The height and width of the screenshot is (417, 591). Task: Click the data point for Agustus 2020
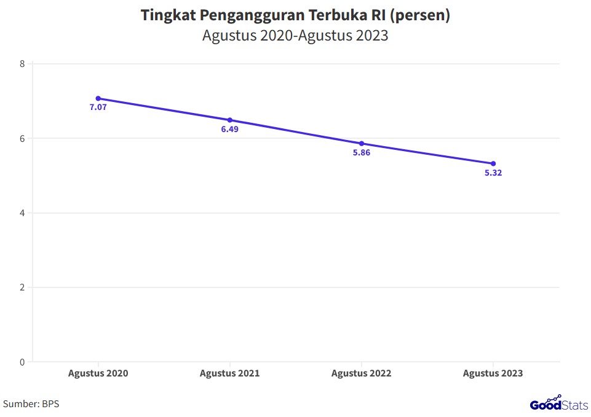(x=98, y=98)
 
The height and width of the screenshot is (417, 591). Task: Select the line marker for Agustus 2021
(x=230, y=120)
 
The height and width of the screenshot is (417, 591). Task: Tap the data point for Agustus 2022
(x=362, y=144)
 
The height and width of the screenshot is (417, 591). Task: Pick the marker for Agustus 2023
(x=493, y=163)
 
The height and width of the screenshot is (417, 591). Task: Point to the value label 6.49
(x=230, y=130)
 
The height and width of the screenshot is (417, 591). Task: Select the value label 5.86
(x=362, y=153)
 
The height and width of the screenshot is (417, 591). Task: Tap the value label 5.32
(x=493, y=173)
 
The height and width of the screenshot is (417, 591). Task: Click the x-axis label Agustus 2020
(x=98, y=373)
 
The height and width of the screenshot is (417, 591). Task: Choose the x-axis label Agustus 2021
(x=230, y=373)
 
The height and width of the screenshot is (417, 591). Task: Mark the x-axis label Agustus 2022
(x=362, y=373)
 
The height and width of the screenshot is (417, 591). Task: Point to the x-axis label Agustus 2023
(x=493, y=373)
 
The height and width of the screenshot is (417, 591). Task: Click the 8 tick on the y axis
(x=22, y=64)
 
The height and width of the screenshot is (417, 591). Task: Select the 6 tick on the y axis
(x=22, y=139)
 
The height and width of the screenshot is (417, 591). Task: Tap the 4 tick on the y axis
(x=22, y=213)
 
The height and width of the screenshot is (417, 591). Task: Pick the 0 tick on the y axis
(x=22, y=362)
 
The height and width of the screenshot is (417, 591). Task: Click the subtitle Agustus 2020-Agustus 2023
(x=295, y=36)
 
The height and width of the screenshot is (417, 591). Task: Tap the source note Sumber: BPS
(x=31, y=404)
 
